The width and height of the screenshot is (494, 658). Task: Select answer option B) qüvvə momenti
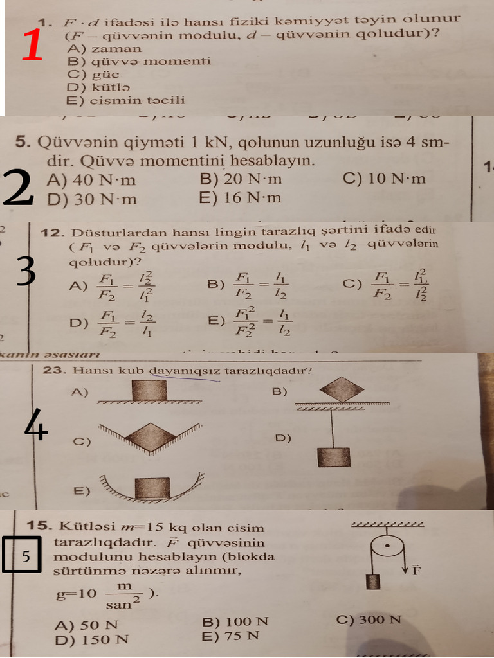(138, 61)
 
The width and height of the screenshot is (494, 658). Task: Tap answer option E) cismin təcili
(125, 100)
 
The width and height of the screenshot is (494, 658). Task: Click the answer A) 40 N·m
(91, 180)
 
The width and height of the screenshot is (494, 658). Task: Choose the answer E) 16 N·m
(240, 198)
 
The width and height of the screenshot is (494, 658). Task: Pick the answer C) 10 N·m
(384, 179)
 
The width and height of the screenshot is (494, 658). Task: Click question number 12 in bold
(53, 233)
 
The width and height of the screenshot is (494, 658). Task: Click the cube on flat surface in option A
(149, 390)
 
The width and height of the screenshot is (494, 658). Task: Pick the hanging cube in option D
(333, 456)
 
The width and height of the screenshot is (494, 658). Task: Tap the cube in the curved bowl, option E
(152, 487)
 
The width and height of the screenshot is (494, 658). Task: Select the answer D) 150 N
(91, 639)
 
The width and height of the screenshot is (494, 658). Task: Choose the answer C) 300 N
(369, 619)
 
